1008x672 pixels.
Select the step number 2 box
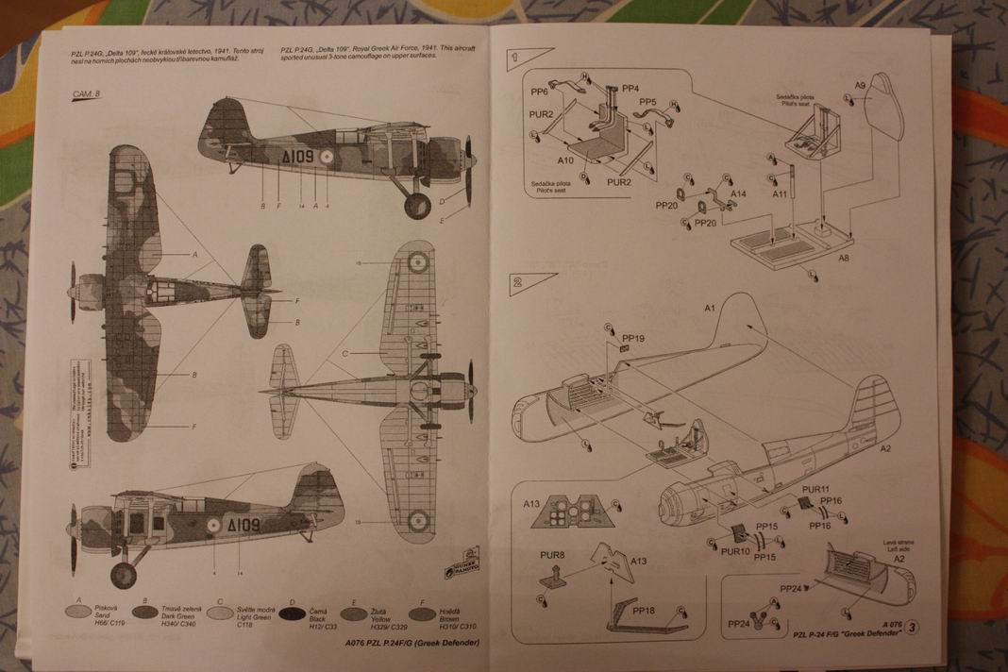(x=519, y=280)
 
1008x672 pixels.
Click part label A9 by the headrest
(x=860, y=88)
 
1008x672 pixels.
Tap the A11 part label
(x=780, y=193)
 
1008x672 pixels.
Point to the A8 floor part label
(x=844, y=259)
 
